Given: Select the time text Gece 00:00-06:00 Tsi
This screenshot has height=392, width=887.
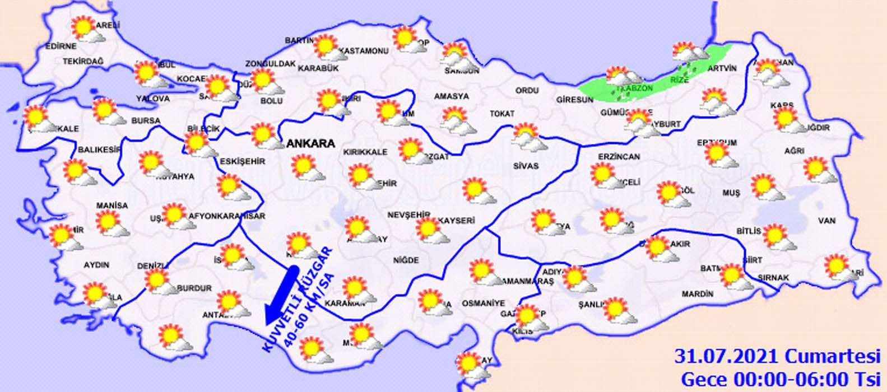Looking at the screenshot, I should click(x=781, y=378).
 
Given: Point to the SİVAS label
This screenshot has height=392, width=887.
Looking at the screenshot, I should click(x=526, y=166).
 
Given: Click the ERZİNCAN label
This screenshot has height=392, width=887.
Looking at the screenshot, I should click(x=619, y=157).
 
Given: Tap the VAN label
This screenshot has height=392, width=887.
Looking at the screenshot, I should click(x=826, y=221).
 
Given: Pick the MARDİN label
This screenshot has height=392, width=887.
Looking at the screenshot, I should click(x=698, y=294).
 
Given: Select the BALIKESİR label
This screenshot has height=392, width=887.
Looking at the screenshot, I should click(x=100, y=150).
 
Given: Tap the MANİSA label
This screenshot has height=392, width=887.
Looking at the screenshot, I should click(x=112, y=206).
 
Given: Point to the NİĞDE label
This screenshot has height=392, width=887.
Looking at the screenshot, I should click(x=406, y=260).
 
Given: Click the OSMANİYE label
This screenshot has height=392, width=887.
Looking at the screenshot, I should click(x=483, y=303).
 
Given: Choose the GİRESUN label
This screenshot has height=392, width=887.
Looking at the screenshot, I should click(x=574, y=100).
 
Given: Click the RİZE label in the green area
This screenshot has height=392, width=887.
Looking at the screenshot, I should click(x=679, y=80).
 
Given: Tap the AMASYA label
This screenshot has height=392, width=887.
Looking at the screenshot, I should click(x=451, y=96).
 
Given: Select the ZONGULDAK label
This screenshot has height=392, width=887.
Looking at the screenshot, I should click(x=270, y=64).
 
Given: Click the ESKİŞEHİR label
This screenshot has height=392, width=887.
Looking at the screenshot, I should click(x=242, y=161).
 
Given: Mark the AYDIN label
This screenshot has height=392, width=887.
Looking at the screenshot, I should click(x=96, y=265).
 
